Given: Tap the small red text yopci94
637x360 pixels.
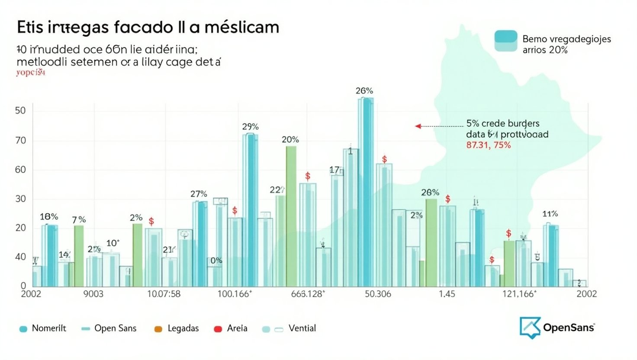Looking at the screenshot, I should pyautogui.click(x=31, y=73).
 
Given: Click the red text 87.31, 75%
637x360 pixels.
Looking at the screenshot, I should pyautogui.click(x=488, y=145).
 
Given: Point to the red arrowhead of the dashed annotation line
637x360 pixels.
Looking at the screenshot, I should pyautogui.click(x=418, y=126).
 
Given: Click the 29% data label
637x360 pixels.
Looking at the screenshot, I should pyautogui.click(x=250, y=127).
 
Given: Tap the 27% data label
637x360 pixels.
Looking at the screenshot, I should pyautogui.click(x=199, y=194).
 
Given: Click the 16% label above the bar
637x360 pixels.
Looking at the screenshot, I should pyautogui.click(x=49, y=217).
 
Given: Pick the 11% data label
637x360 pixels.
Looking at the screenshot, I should pyautogui.click(x=550, y=214).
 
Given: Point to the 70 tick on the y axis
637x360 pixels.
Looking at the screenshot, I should pyautogui.click(x=20, y=141).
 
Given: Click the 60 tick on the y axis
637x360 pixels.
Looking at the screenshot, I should pyautogui.click(x=20, y=170).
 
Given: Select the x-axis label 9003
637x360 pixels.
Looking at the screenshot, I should pyautogui.click(x=93, y=294).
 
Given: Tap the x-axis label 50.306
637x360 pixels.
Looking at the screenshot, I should pyautogui.click(x=378, y=294).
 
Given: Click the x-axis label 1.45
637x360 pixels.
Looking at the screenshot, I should pyautogui.click(x=447, y=294).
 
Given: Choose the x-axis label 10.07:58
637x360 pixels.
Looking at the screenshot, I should pyautogui.click(x=164, y=294).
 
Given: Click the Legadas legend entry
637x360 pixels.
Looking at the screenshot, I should pyautogui.click(x=183, y=328).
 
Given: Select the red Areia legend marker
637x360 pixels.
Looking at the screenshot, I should pyautogui.click(x=218, y=329).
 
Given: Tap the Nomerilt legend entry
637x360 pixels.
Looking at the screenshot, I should pyautogui.click(x=48, y=328).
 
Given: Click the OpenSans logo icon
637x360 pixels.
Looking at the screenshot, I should pyautogui.click(x=530, y=327).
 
